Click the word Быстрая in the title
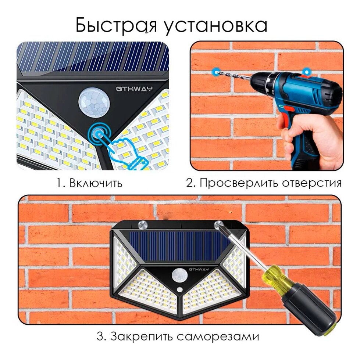click(x=116, y=25)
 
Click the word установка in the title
click(x=216, y=26)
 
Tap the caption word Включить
click(x=96, y=183)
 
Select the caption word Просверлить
click(x=239, y=183)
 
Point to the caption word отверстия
click(x=312, y=183)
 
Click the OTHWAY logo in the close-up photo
click(x=134, y=89)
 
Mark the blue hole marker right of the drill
click(x=306, y=71)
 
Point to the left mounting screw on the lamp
click(x=142, y=224)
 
